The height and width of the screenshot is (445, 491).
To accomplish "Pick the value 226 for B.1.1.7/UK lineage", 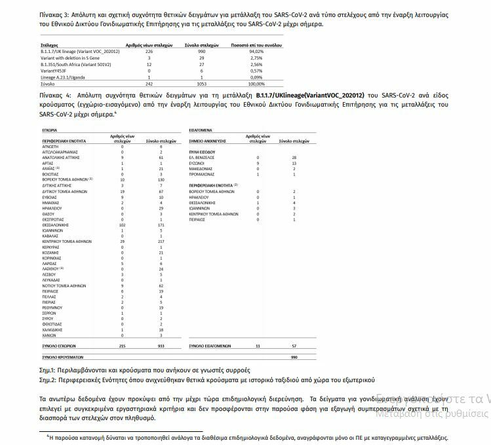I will coord(148,51).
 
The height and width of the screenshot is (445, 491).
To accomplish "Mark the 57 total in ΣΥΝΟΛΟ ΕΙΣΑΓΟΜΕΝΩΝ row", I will coord(294,346).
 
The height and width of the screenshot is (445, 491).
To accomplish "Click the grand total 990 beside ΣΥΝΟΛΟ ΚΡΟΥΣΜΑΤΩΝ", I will coord(294,357).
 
